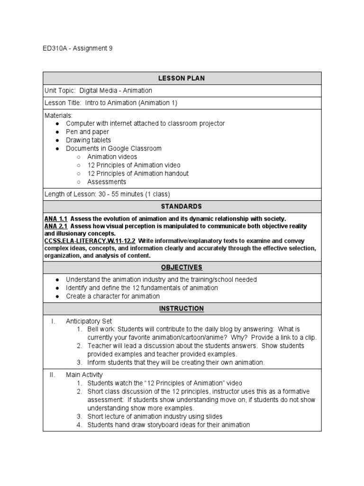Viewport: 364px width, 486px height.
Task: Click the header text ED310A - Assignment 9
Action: [x=78, y=48]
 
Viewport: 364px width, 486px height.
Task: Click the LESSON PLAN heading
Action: [x=182, y=78]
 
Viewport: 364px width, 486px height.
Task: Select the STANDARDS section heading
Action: [x=182, y=206]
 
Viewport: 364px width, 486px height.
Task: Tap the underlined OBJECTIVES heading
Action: [x=182, y=267]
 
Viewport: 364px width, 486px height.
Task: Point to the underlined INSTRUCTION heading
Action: [x=182, y=308]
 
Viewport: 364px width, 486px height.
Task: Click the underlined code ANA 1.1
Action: [x=56, y=219]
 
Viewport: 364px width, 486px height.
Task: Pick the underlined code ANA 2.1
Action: [x=56, y=226]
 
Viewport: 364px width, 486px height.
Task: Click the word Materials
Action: [x=58, y=115]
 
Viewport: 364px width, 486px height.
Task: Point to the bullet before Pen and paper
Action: [x=57, y=132]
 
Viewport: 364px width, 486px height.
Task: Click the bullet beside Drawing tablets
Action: [x=57, y=140]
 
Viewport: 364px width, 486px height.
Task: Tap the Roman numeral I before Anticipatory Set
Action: [x=54, y=321]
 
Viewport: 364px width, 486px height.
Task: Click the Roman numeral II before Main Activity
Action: [x=53, y=375]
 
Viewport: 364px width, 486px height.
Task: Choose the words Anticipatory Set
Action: [x=89, y=321]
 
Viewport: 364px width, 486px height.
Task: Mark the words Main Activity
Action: [x=84, y=375]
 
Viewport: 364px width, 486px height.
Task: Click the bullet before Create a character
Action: [x=57, y=296]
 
